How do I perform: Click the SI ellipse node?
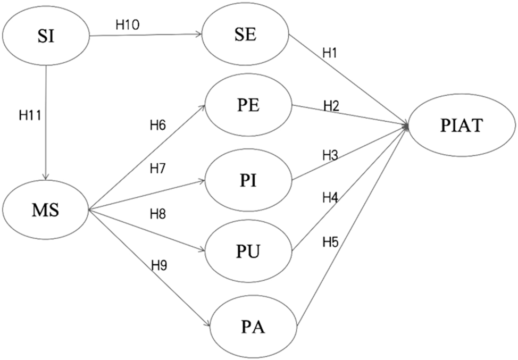[x=46, y=35]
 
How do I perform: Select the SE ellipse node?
[x=246, y=35]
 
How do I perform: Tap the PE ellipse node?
[x=248, y=106]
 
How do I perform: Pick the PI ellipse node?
[x=248, y=181]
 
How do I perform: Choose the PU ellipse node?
[x=248, y=252]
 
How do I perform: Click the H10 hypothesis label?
[x=128, y=24]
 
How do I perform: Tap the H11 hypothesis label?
[x=30, y=116]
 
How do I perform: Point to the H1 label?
[x=329, y=53]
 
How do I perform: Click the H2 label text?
[x=331, y=106]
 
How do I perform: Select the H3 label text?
[x=330, y=155]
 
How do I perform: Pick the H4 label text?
[x=330, y=198]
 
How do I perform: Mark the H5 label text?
[x=330, y=242]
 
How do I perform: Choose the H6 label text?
[x=157, y=125]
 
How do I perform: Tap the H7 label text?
[x=157, y=169]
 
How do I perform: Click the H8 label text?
[x=157, y=214]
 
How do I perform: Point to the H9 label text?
[x=159, y=265]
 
